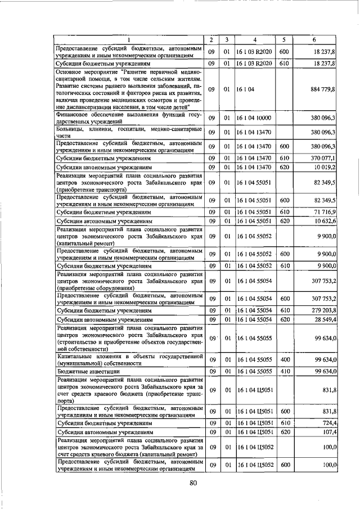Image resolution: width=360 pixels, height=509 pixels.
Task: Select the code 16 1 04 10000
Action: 254,118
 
